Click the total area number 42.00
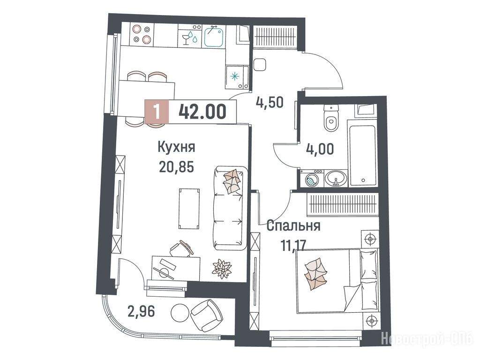[202, 112]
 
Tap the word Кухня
[177, 147]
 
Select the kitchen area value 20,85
[176, 167]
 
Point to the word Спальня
[293, 226]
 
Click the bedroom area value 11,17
[294, 245]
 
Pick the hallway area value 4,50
[270, 102]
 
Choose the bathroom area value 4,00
[320, 149]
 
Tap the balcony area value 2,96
[142, 312]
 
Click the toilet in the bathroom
[331, 118]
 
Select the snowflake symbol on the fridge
[234, 76]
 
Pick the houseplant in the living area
[222, 269]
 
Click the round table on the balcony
[180, 312]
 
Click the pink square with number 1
[157, 112]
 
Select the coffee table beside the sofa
[189, 209]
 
